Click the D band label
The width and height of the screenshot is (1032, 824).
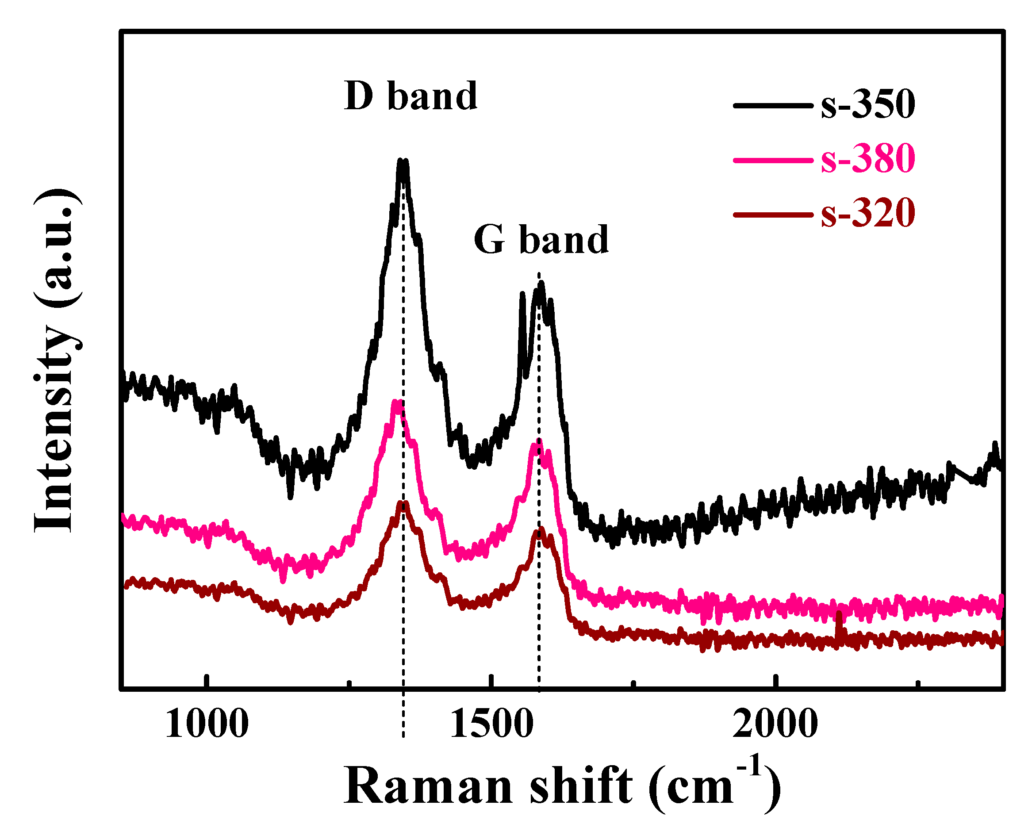tap(410, 96)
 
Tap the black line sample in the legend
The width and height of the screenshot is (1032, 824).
tap(772, 105)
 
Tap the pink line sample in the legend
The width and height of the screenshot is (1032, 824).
tap(772, 160)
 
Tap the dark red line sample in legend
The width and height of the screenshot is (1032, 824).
tap(772, 215)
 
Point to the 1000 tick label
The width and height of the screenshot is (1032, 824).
tap(206, 724)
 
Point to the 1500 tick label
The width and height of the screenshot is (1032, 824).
tap(491, 724)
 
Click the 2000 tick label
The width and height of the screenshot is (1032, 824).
tap(775, 724)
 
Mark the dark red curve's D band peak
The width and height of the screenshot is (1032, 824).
tap(403, 504)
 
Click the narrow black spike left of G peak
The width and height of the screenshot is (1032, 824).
tap(522, 296)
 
